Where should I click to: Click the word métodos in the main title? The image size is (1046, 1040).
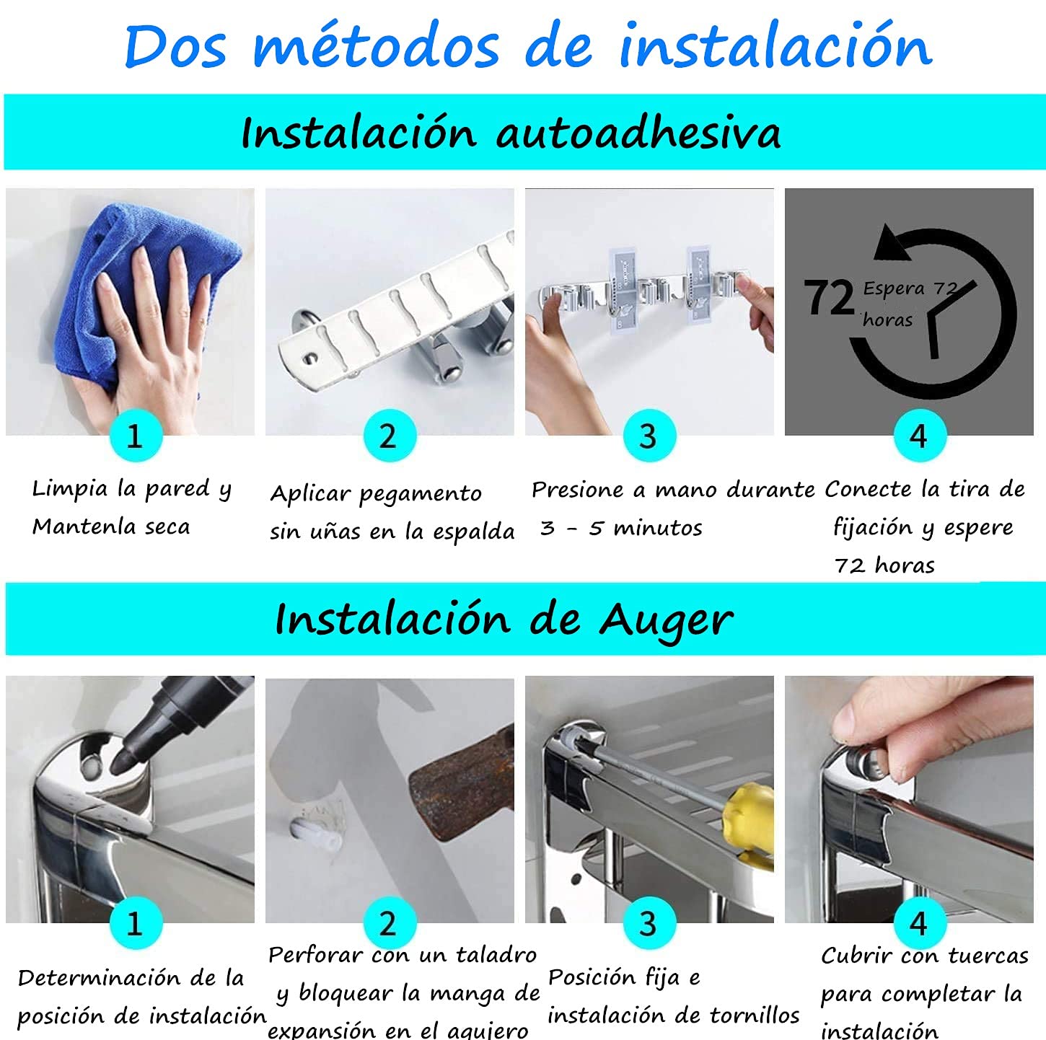click(376, 45)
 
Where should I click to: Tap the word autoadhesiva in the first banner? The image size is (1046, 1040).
click(638, 132)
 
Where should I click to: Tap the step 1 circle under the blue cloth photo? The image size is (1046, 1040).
click(136, 436)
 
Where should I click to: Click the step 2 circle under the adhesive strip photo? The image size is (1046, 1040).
click(390, 436)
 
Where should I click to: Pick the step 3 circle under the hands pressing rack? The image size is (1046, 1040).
click(649, 436)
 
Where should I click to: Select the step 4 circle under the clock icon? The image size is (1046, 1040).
click(920, 436)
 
